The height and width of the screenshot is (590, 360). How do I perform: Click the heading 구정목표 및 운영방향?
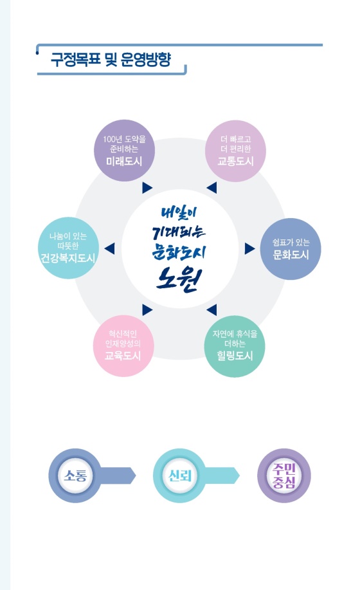click(111, 59)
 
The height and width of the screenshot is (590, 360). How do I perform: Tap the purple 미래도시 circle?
click(124, 151)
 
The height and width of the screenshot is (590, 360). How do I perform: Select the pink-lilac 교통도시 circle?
click(235, 151)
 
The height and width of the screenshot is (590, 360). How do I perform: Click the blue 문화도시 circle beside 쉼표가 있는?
click(291, 249)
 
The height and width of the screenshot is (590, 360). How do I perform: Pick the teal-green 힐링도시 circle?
click(235, 346)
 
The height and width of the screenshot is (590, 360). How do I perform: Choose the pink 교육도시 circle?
click(123, 346)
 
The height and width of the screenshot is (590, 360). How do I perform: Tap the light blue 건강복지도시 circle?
click(68, 248)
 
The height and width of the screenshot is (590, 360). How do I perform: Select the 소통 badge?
click(75, 475)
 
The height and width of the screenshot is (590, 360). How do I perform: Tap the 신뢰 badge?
click(179, 475)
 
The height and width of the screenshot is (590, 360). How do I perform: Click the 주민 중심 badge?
click(284, 475)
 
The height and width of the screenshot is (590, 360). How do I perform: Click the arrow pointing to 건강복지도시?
click(109, 249)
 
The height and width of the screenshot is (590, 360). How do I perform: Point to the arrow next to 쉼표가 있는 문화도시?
click(250, 248)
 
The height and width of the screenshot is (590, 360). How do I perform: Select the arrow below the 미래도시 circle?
click(147, 188)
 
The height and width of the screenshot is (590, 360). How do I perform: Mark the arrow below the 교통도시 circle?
click(212, 188)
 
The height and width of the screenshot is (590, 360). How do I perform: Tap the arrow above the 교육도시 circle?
click(147, 310)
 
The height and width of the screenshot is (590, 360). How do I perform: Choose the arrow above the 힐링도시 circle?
click(212, 310)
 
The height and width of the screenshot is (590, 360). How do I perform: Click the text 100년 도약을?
click(124, 139)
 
